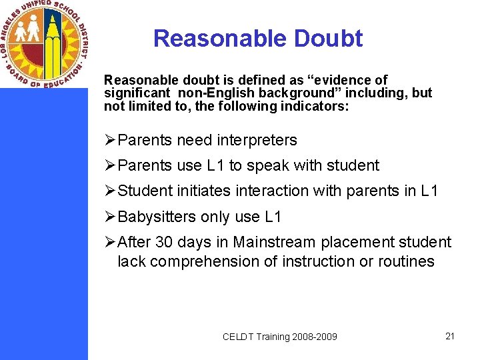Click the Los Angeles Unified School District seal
click(44, 44)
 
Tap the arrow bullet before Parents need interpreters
click(111, 141)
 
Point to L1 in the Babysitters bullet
click(273, 217)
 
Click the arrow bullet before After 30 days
click(111, 242)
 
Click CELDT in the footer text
click(239, 337)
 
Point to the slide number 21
click(449, 336)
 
